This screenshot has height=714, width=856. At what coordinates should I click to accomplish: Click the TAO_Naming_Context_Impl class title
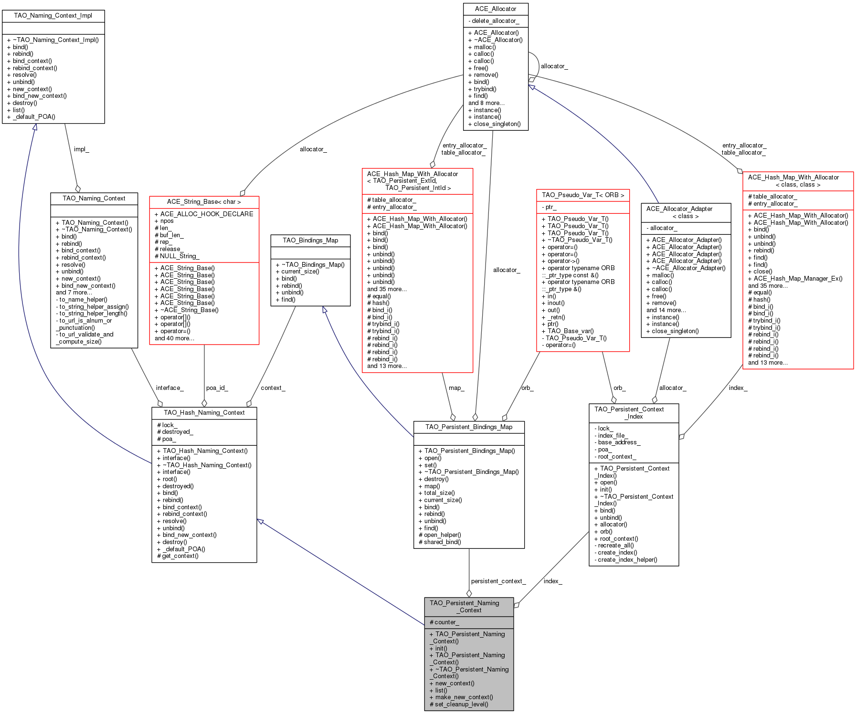click(x=53, y=16)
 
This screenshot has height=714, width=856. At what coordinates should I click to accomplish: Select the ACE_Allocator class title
click(x=496, y=9)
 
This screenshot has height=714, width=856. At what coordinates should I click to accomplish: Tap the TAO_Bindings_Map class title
click(x=310, y=241)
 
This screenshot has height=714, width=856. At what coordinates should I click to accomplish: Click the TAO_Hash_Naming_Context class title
click(x=204, y=413)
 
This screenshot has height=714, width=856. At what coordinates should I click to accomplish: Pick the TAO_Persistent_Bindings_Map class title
click(x=469, y=427)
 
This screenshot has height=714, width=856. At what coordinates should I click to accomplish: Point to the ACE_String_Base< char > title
click(x=204, y=202)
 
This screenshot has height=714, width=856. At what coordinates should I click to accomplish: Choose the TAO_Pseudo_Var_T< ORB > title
click(x=583, y=195)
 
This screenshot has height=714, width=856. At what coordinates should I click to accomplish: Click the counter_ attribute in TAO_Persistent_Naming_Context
click(x=446, y=622)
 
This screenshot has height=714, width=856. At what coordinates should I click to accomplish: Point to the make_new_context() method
click(x=464, y=697)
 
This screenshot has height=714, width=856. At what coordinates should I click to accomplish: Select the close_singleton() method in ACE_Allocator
click(x=497, y=124)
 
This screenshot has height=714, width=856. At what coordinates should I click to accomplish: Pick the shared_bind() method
click(x=442, y=542)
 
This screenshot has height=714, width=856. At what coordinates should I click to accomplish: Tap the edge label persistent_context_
click(x=498, y=581)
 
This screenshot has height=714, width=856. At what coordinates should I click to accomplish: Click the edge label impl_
click(x=81, y=149)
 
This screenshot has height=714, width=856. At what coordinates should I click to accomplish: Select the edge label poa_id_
click(x=217, y=388)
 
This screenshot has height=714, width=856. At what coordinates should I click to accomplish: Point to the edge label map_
click(x=456, y=388)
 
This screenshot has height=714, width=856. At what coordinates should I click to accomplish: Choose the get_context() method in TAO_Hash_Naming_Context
click(x=180, y=556)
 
